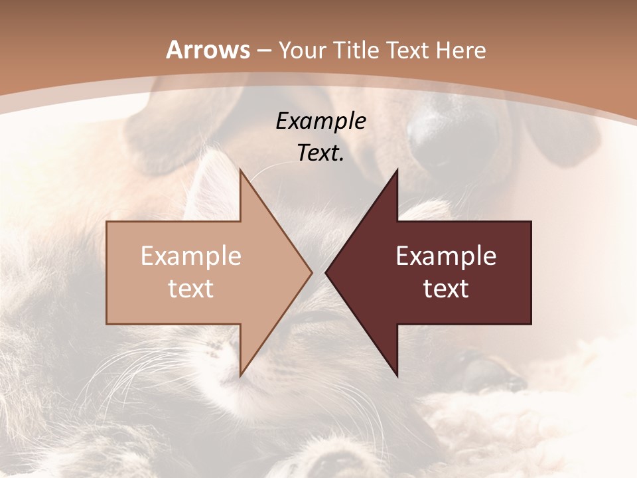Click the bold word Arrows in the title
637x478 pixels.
[208, 50]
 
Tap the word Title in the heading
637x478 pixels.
[358, 50]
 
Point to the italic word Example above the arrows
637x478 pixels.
[320, 121]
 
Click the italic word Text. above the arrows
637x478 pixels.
[320, 153]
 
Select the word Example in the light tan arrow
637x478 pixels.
[191, 256]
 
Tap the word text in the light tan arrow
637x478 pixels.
[191, 289]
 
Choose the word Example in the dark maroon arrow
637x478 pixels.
[446, 256]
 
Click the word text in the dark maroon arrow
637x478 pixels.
[446, 289]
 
